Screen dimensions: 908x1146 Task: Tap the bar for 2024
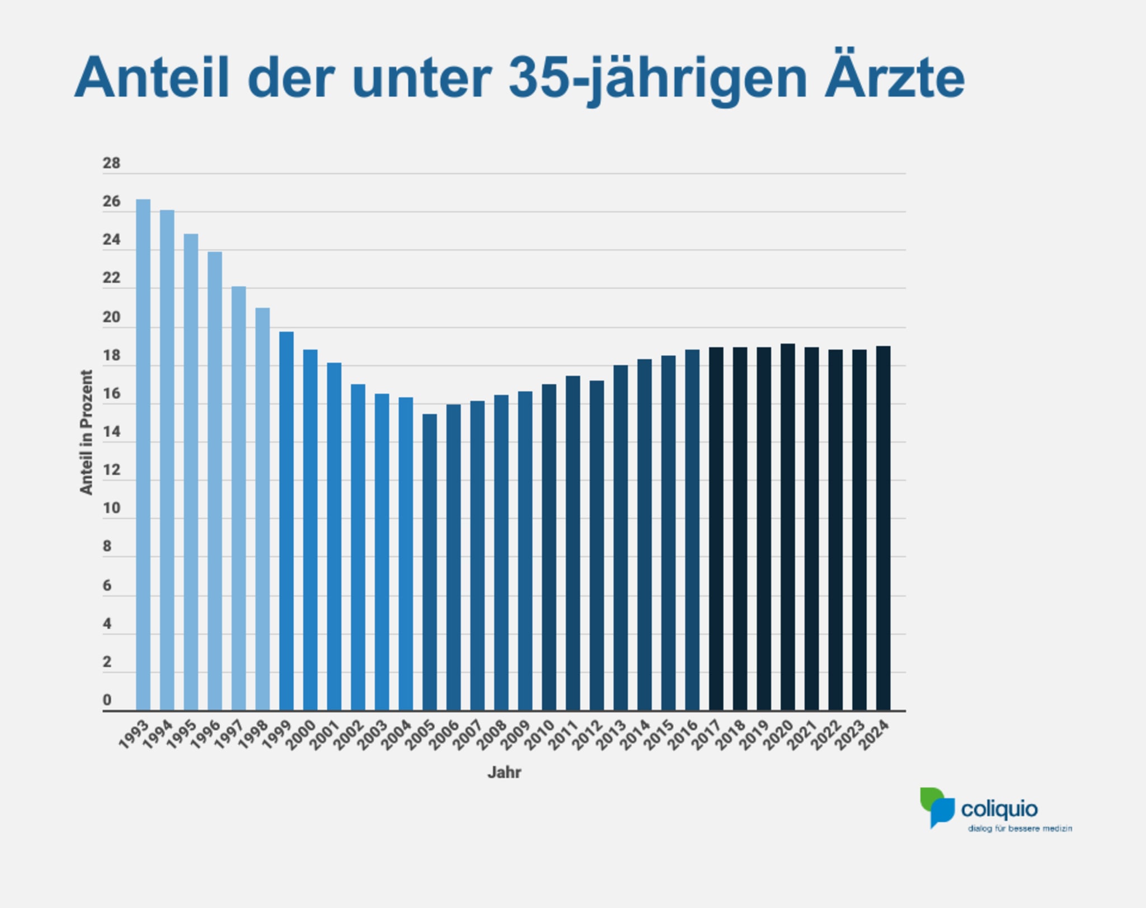pyautogui.click(x=883, y=528)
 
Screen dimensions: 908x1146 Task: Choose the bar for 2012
pyautogui.click(x=597, y=545)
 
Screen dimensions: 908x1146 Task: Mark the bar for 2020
pyautogui.click(x=787, y=527)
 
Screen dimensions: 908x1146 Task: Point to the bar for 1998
pyautogui.click(x=262, y=509)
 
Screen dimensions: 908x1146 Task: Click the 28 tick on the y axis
pyautogui.click(x=111, y=163)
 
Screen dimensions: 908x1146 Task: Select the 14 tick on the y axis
pyautogui.click(x=111, y=432)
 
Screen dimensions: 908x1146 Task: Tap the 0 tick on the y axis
pyautogui.click(x=107, y=700)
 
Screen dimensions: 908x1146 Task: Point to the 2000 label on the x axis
pyautogui.click(x=301, y=735)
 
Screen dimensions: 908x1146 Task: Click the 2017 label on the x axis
pyautogui.click(x=707, y=735)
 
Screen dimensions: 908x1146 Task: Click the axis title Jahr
pyautogui.click(x=504, y=773)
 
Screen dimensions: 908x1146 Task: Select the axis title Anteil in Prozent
pyautogui.click(x=86, y=432)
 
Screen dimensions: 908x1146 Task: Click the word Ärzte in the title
pyautogui.click(x=894, y=78)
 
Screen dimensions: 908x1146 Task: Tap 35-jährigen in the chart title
pyautogui.click(x=658, y=79)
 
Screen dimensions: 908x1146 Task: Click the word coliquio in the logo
pyautogui.click(x=999, y=810)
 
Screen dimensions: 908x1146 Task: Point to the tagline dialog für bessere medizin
pyautogui.click(x=1020, y=829)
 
